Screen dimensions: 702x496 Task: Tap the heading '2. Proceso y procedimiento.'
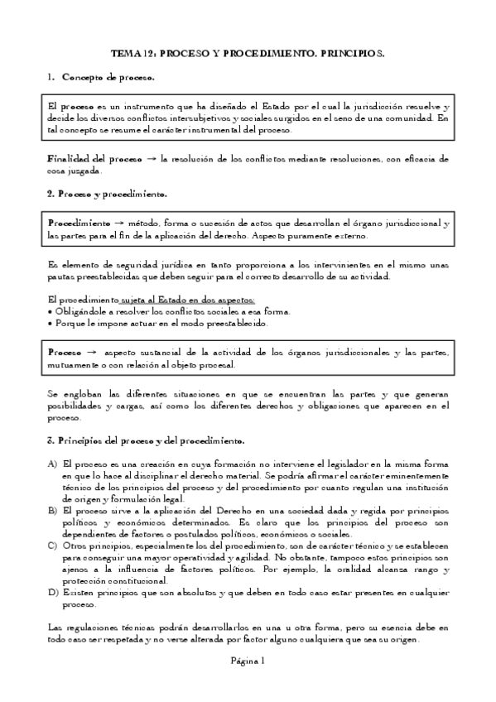tap(108, 194)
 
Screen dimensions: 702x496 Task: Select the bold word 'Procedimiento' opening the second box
tap(79, 224)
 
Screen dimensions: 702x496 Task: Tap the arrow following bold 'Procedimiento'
tap(119, 224)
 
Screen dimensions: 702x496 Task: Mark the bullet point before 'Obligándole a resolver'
tap(51, 311)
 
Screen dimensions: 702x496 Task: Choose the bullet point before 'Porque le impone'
tap(51, 324)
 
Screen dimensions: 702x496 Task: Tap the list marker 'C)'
tap(53, 546)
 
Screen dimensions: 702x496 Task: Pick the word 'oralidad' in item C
tap(374, 570)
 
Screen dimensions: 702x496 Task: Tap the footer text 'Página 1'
tap(248, 661)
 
